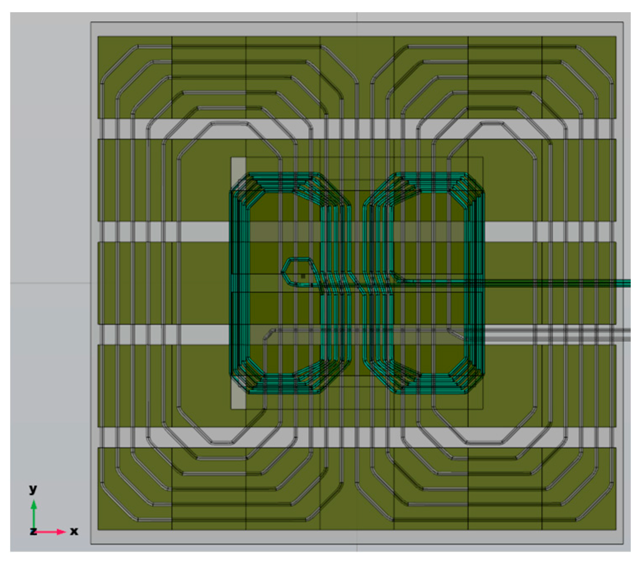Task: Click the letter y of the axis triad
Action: (x=33, y=489)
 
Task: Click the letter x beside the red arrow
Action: (x=74, y=531)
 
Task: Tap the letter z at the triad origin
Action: (x=33, y=531)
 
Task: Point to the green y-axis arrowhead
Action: (x=34, y=504)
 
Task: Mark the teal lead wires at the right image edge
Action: (x=624, y=283)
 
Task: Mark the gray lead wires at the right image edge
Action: (x=624, y=334)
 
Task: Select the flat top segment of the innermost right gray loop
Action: (x=493, y=124)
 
